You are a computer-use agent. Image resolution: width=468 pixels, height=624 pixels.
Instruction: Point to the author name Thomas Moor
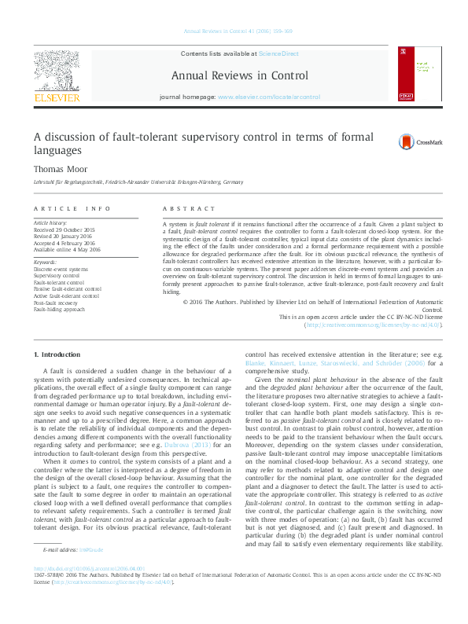(x=57, y=167)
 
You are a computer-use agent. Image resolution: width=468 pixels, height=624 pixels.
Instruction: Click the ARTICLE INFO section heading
(x=72, y=208)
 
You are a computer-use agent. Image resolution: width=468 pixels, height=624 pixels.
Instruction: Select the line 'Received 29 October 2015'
(x=64, y=229)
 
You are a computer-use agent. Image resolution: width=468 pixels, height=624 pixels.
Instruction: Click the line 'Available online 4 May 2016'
(x=67, y=248)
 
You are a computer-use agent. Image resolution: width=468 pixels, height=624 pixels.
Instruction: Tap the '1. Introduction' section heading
(x=59, y=357)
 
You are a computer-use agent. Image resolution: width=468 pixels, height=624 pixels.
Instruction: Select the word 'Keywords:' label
(x=45, y=262)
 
